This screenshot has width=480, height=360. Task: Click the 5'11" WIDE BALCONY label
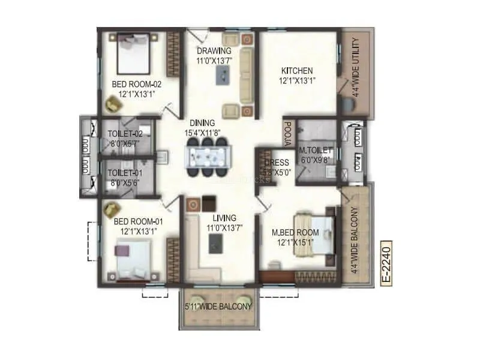pyautogui.click(x=218, y=307)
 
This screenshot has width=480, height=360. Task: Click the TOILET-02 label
pyautogui.click(x=124, y=134)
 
